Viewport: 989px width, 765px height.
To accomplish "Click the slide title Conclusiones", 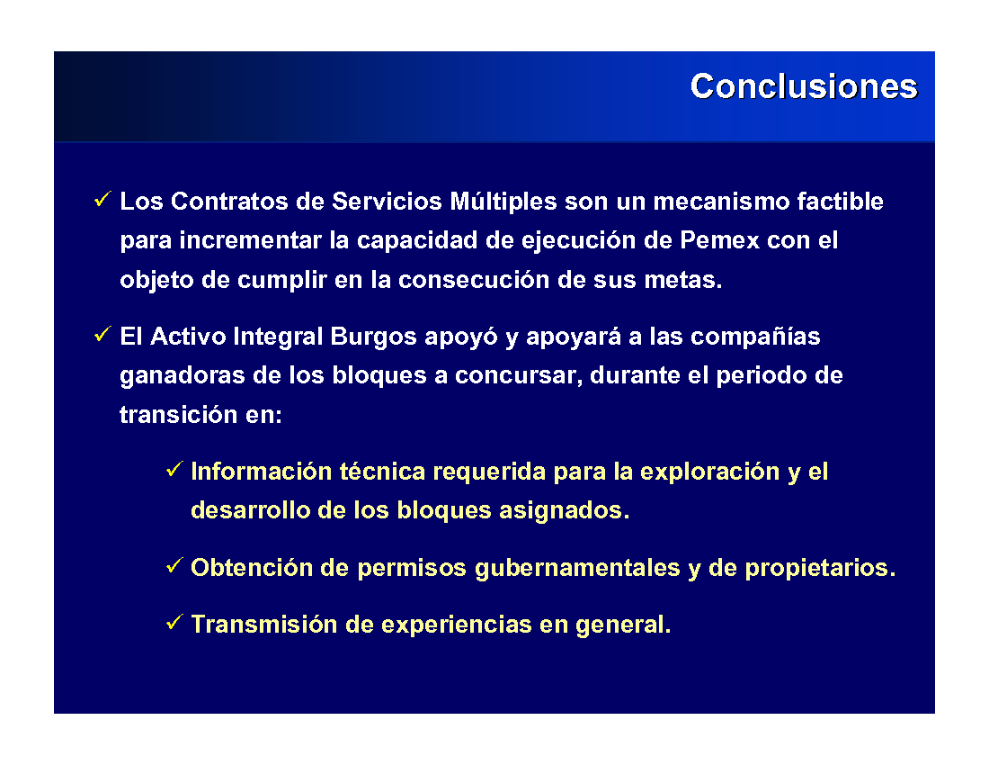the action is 804,85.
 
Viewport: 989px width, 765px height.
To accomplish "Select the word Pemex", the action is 719,240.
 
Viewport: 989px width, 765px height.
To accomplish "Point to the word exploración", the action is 709,472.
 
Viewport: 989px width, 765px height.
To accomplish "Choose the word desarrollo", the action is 251,510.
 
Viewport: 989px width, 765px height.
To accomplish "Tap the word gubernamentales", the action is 577,568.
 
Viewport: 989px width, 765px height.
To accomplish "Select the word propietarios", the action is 820,568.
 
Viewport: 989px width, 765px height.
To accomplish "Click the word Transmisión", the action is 264,625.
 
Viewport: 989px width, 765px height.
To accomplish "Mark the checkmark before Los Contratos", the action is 102,200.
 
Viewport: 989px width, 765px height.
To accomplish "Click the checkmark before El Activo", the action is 102,335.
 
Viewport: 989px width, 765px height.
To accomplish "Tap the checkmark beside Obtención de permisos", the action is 174,565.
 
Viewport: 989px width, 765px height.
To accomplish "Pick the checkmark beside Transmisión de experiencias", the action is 174,623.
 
